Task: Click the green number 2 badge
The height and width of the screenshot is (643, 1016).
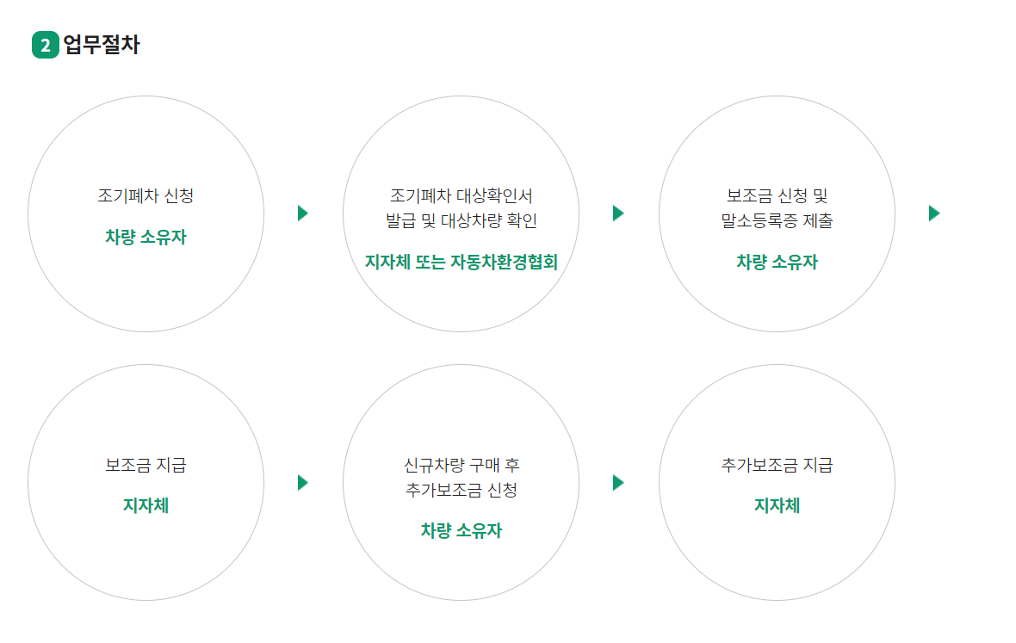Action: point(45,46)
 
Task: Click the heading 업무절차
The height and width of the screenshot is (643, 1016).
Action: point(102,45)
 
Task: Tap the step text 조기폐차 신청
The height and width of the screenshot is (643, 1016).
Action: point(146,195)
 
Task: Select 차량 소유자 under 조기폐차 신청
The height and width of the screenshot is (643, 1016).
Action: point(146,238)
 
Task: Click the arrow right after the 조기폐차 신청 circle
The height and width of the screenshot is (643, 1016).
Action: point(302,213)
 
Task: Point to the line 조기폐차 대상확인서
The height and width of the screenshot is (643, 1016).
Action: point(461,195)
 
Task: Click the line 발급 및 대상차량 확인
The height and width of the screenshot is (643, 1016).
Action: point(461,221)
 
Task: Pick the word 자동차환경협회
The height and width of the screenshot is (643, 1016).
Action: point(505,263)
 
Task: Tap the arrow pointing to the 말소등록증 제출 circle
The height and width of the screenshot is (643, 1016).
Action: point(617,213)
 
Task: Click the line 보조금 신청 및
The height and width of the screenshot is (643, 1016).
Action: point(777,195)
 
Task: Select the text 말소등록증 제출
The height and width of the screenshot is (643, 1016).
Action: point(777,221)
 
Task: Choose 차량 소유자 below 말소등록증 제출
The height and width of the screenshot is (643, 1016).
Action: point(777,263)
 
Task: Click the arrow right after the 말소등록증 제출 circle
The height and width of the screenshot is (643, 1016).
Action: point(934,213)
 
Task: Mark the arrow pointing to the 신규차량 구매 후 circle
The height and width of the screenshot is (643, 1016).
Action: point(302,483)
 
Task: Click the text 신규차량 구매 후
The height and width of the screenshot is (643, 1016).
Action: point(461,466)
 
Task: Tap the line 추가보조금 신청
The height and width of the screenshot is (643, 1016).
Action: point(461,491)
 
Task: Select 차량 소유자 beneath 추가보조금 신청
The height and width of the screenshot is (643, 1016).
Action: point(461,531)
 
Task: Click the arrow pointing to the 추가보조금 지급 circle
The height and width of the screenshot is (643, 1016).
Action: point(617,483)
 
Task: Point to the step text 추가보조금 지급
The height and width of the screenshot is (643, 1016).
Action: point(777,466)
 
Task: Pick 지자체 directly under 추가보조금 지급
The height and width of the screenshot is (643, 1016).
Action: point(777,506)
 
